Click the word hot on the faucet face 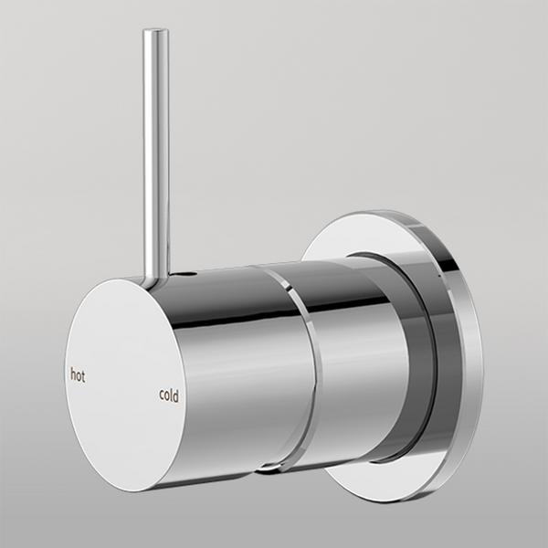point(78,374)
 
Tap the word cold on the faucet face point(169,395)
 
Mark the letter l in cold point(172,395)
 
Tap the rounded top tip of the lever point(155,34)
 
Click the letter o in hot point(79,375)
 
